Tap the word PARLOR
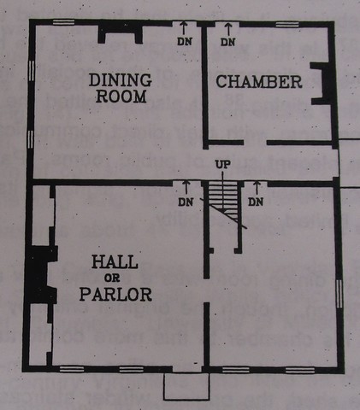click(x=116, y=296)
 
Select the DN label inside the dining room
click(x=186, y=41)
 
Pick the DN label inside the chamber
click(x=227, y=41)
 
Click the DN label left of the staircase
click(x=185, y=202)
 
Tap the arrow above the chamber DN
click(x=227, y=29)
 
